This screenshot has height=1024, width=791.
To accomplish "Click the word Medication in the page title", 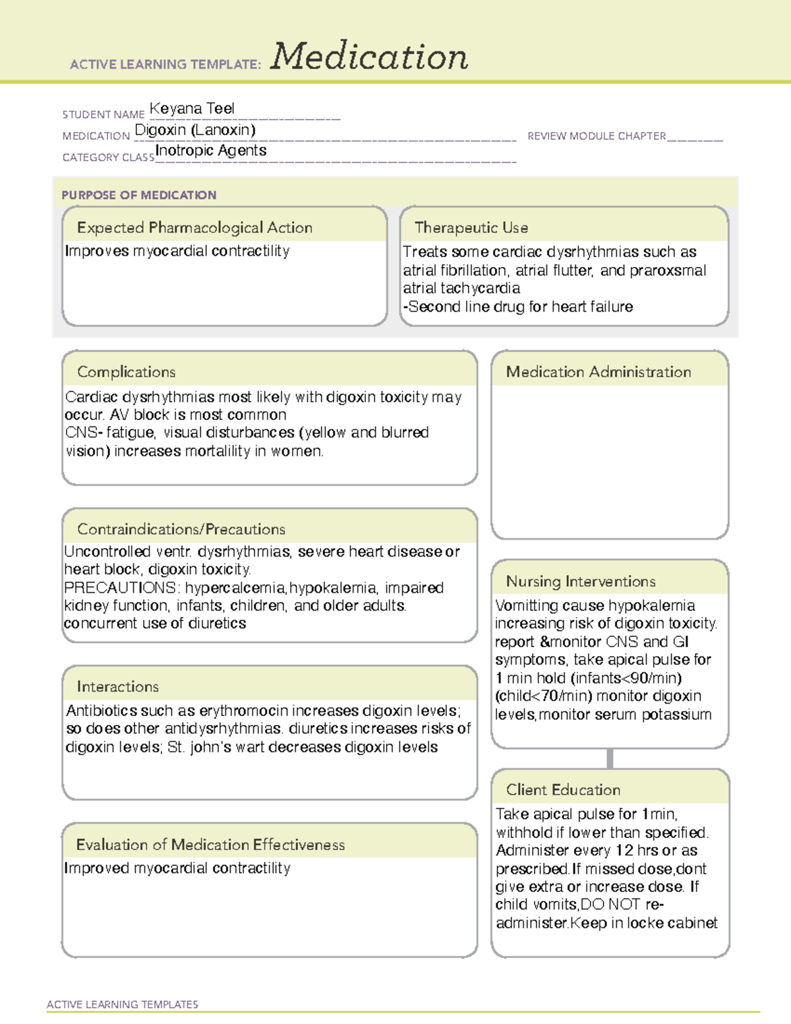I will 369,57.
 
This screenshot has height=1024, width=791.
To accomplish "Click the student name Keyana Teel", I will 192,109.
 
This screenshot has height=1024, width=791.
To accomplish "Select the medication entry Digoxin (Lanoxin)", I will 195,130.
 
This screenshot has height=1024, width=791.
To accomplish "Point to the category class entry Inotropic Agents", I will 211,151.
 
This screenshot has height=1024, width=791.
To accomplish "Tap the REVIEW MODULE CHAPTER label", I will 597,136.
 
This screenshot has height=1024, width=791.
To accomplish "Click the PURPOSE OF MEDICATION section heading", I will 139,195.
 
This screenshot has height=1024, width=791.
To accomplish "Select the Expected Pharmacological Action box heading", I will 194,228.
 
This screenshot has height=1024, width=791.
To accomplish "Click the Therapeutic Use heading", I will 471,228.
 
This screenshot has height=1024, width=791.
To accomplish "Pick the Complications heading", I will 127,373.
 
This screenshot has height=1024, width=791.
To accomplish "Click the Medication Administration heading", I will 599,373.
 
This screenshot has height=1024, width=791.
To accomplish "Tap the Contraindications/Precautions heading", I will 181,529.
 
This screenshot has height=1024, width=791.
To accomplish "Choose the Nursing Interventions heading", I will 581,582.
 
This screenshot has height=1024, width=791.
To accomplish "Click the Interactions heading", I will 118,687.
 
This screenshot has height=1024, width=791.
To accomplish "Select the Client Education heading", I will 563,790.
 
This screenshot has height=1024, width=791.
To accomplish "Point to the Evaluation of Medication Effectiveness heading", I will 210,845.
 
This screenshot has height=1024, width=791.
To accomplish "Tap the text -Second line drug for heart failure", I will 518,307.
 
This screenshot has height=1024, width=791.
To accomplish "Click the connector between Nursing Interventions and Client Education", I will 610,759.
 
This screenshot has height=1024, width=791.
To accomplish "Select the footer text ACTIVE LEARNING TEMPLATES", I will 123,1004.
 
